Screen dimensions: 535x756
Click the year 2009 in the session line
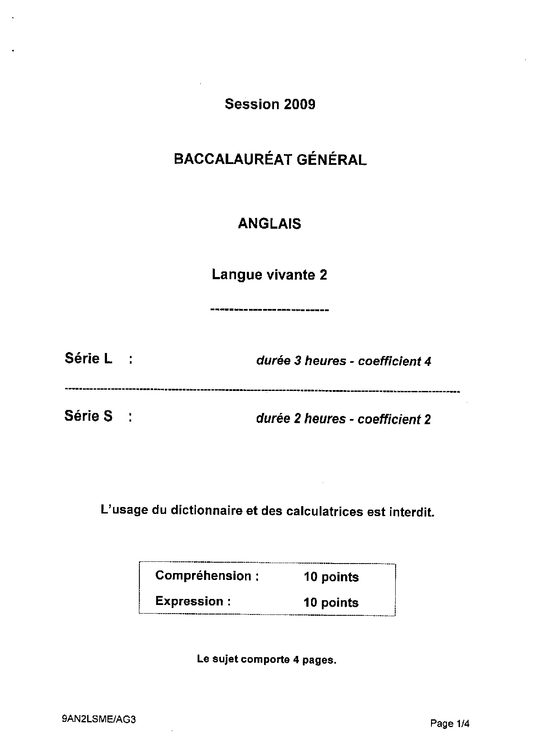tap(299, 104)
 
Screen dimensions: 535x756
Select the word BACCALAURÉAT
tap(233, 159)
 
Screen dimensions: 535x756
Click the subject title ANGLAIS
tap(270, 224)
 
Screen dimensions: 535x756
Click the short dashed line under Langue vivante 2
tap(269, 310)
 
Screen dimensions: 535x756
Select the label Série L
tap(88, 358)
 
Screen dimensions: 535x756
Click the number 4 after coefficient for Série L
tap(428, 361)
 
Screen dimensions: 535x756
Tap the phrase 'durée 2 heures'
tap(301, 419)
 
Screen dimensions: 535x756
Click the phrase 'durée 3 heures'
tap(301, 361)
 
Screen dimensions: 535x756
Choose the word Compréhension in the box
tap(203, 576)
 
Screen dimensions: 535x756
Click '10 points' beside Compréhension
tap(331, 577)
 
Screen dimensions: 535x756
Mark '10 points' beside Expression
tap(331, 602)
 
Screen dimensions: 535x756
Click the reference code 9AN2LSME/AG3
tap(99, 719)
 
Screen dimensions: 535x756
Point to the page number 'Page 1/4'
tap(450, 724)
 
